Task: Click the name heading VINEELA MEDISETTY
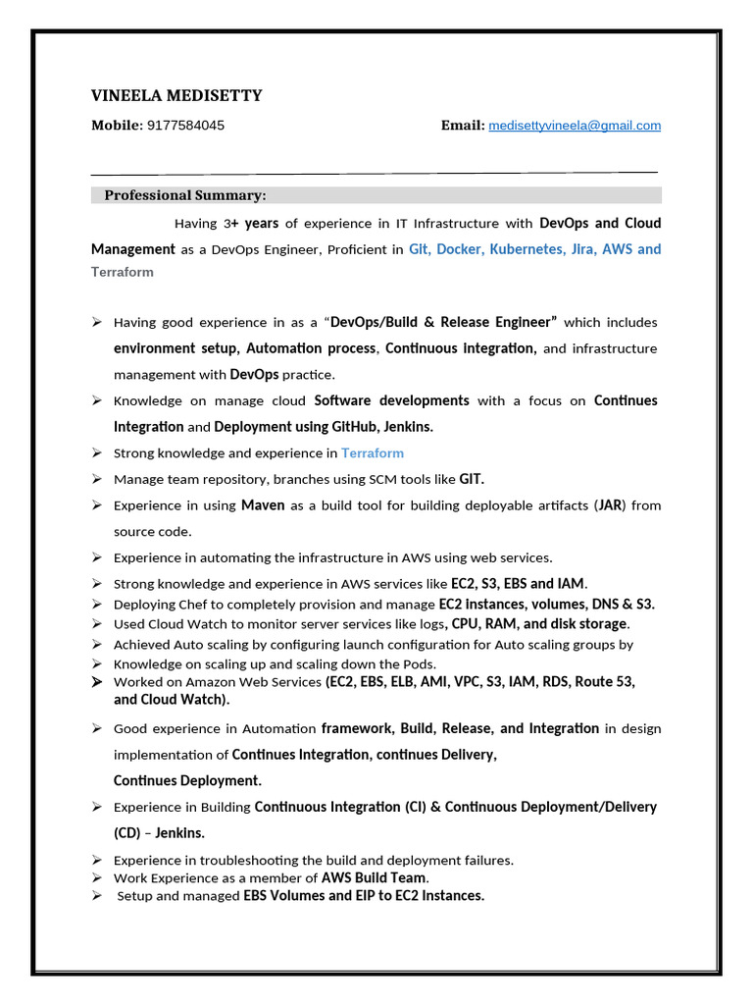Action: [x=176, y=95]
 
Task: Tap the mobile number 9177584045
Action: [x=185, y=126]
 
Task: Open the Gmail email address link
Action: [x=575, y=126]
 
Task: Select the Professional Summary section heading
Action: [x=185, y=195]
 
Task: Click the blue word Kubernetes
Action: [x=527, y=249]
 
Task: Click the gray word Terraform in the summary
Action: [x=123, y=272]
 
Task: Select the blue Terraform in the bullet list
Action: [x=373, y=453]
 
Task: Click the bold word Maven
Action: [x=263, y=505]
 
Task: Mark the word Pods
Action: [x=418, y=664]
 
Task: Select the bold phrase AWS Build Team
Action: [x=375, y=878]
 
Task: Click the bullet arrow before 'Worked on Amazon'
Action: [x=97, y=681]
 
